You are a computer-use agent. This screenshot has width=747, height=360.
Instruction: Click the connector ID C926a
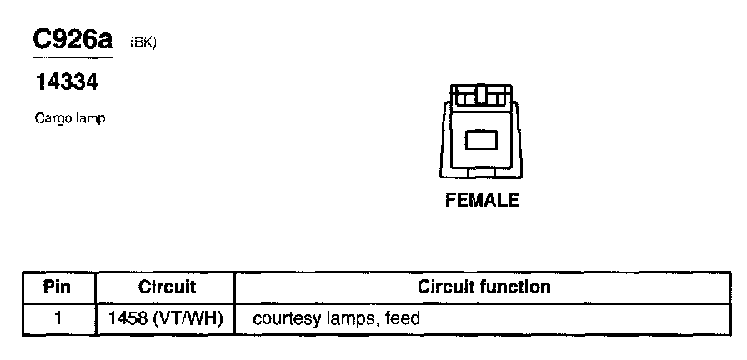point(72,39)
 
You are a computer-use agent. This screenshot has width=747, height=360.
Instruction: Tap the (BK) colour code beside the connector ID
point(143,43)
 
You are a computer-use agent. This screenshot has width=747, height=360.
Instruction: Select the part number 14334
point(66,83)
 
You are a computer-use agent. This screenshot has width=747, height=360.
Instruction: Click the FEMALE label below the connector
point(482,200)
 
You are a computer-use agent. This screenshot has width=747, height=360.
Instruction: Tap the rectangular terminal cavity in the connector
point(481,139)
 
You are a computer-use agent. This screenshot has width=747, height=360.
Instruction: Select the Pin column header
point(58,287)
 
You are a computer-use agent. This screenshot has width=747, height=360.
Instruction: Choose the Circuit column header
point(166,287)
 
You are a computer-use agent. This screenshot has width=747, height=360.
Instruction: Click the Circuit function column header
point(484,287)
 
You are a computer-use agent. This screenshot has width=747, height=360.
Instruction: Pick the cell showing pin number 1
point(58,317)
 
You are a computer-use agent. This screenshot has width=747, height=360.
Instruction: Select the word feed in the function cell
point(403,318)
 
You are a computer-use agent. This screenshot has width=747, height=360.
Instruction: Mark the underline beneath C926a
point(72,57)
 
